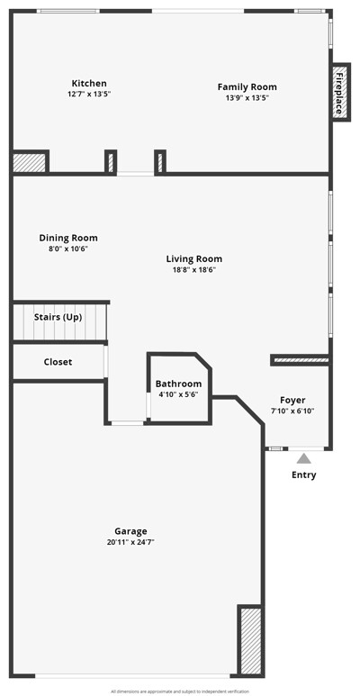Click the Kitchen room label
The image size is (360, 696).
click(89, 83)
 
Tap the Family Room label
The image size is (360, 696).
click(247, 87)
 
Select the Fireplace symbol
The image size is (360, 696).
click(340, 91)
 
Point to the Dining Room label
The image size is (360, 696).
click(68, 238)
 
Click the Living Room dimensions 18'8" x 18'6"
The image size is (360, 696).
click(194, 269)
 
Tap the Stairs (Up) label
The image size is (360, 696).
click(58, 318)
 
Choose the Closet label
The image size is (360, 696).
click(58, 362)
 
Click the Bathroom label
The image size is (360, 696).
click(178, 384)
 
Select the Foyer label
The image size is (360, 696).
click(292, 401)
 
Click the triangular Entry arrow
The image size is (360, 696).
click(303, 458)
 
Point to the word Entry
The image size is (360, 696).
click(304, 475)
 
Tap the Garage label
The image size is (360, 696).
click(130, 531)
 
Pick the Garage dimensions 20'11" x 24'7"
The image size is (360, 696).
click(130, 542)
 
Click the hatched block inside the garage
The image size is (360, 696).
click(251, 640)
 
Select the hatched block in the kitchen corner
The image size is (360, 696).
click(30, 162)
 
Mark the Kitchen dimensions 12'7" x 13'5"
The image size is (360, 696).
click(89, 95)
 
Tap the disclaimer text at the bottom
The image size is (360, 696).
click(180, 691)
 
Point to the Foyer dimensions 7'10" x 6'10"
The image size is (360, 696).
click(292, 411)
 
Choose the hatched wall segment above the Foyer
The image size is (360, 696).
click(301, 360)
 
